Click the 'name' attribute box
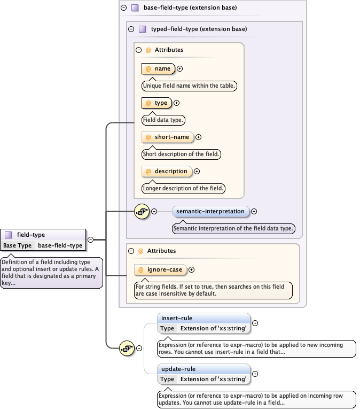pos(158,68)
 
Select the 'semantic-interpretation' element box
pos(210,211)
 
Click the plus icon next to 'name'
pos(180,68)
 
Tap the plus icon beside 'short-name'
pos(199,137)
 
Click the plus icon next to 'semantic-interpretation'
pos(254,211)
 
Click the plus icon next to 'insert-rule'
pos(255,323)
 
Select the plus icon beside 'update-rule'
pos(255,374)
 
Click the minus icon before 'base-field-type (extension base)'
pos(123,8)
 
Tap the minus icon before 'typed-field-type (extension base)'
pos(131,29)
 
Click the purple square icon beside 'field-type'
pos(9,235)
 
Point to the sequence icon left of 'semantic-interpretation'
pos(142,211)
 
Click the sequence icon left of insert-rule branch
pos(127,348)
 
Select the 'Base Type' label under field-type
pos(18,245)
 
